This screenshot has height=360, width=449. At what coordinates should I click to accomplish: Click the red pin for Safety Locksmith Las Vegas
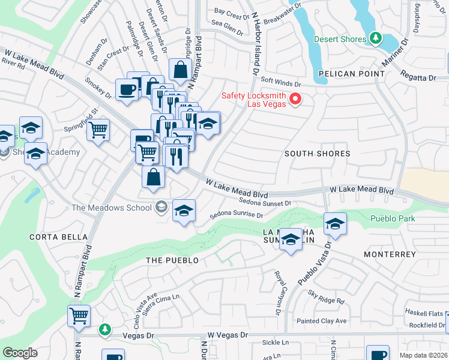point(295,99)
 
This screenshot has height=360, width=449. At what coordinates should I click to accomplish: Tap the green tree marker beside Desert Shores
point(376,39)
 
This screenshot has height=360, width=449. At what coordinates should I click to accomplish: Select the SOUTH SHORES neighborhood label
point(317,154)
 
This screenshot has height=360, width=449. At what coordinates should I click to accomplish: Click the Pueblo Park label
point(393,218)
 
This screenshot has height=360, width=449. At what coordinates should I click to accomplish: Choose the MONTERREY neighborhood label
point(390,254)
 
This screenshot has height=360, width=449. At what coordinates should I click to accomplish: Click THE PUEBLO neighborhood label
point(172,260)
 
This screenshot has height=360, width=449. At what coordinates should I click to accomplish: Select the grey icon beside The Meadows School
point(160,208)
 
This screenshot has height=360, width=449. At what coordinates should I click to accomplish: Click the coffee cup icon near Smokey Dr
point(127,90)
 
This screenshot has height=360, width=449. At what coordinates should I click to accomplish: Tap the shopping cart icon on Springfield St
point(98,129)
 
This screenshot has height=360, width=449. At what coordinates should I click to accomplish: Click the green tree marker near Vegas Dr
point(104,329)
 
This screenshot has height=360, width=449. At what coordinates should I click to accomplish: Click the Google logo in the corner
point(20,353)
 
